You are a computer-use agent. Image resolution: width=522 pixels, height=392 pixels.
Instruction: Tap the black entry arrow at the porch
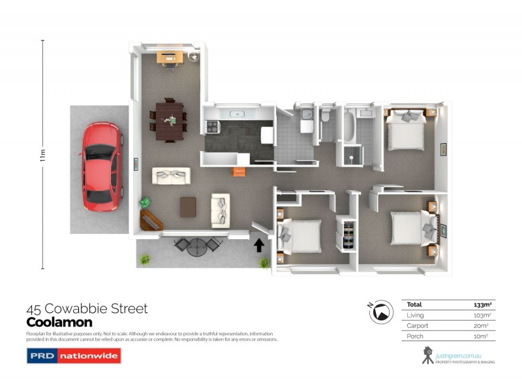coord(258,245)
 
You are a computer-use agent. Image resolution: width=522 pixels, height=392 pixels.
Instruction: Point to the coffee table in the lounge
coord(188,206)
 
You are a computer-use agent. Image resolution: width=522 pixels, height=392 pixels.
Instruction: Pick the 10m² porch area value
coord(482,336)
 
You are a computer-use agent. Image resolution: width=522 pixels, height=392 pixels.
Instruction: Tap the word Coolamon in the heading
coord(59,322)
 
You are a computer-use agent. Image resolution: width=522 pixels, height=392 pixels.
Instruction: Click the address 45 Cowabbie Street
coord(87,308)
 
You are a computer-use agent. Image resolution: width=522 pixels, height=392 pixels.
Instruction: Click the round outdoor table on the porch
coord(196,246)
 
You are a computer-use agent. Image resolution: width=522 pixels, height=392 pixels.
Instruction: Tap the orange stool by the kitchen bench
coord(238,171)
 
